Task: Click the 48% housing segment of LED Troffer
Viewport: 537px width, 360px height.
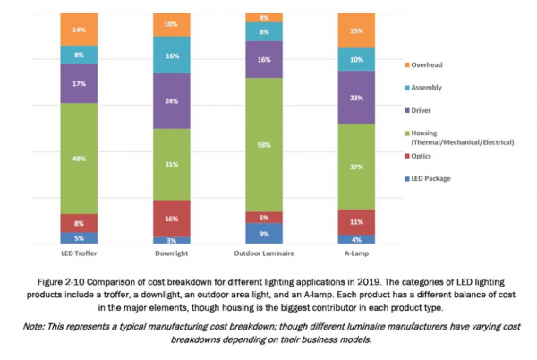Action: point(79,159)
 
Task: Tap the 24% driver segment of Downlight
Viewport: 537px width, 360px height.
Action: point(172,100)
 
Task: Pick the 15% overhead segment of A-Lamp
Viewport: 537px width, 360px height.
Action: point(356,30)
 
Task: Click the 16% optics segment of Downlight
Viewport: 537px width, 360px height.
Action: point(172,218)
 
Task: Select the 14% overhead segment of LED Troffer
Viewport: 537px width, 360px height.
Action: point(79,30)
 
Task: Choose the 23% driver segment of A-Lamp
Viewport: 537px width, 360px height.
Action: point(356,97)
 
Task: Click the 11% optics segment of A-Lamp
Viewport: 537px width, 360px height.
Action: point(356,221)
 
